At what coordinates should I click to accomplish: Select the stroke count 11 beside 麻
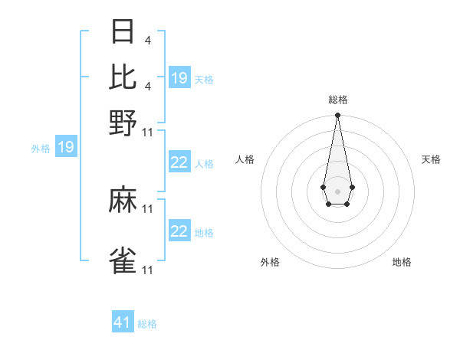(x=148, y=208)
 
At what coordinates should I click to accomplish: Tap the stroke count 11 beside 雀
(x=148, y=270)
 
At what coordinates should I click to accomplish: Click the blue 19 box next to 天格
(x=179, y=78)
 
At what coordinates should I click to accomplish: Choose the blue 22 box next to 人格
(x=179, y=162)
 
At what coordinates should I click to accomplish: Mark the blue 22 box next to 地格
(x=179, y=231)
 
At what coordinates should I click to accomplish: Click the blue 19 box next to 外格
(x=66, y=147)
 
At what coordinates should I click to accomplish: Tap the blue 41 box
(x=123, y=322)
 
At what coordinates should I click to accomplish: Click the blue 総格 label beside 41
(x=147, y=324)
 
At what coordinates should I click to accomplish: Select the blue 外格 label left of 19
(x=41, y=149)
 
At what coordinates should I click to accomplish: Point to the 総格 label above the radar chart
(x=337, y=100)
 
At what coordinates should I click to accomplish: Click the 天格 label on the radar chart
(x=431, y=159)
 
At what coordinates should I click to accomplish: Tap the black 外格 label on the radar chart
(x=270, y=262)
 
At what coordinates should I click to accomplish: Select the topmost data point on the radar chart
(x=337, y=116)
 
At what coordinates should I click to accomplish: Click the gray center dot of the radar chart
(x=337, y=190)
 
